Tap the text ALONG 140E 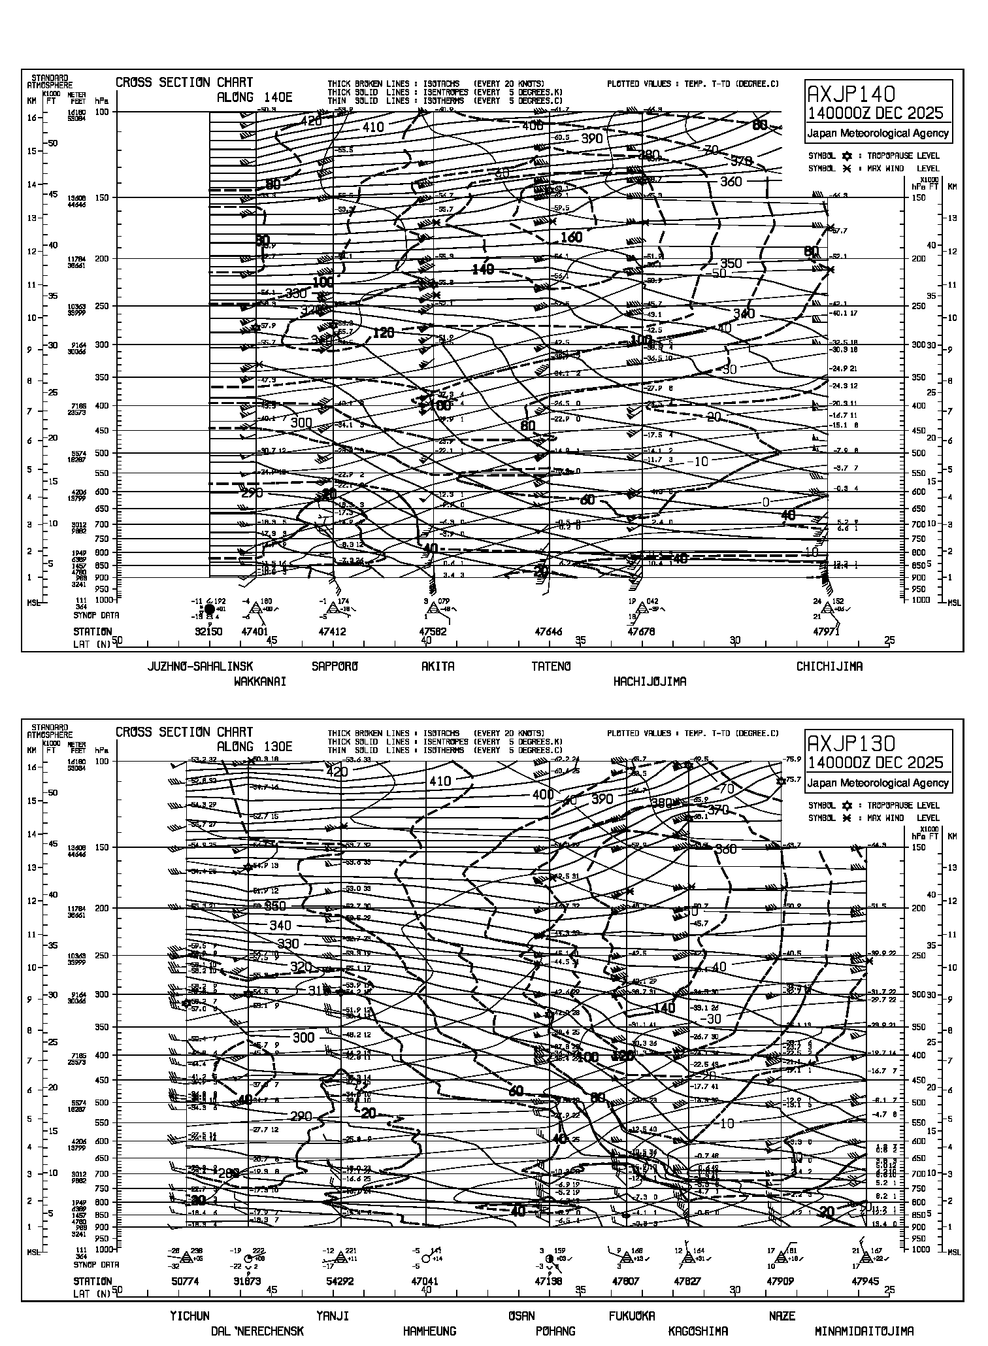pyautogui.click(x=254, y=97)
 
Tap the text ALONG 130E pyautogui.click(x=254, y=747)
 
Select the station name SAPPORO pyautogui.click(x=335, y=667)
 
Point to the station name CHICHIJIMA pyautogui.click(x=829, y=667)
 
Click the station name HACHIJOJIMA pyautogui.click(x=650, y=682)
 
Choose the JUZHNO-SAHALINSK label pyautogui.click(x=201, y=667)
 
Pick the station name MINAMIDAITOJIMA pyautogui.click(x=864, y=1331)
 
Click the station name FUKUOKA pyautogui.click(x=631, y=1316)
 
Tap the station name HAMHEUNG pyautogui.click(x=429, y=1331)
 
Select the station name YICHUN pyautogui.click(x=189, y=1316)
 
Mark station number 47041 pyautogui.click(x=425, y=1282)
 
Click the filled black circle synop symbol pyautogui.click(x=210, y=609)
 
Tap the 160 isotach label pyautogui.click(x=571, y=237)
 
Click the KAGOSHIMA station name pyautogui.click(x=698, y=1331)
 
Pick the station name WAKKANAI pyautogui.click(x=260, y=682)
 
